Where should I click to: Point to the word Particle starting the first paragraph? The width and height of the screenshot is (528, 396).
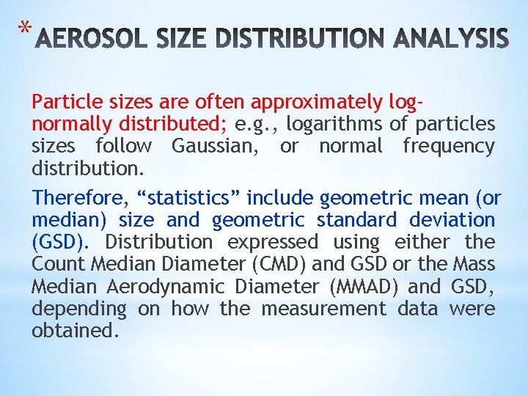pyautogui.click(x=64, y=101)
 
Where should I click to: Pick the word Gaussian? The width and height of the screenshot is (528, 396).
pyautogui.click(x=217, y=146)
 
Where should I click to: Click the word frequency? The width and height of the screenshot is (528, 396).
pyautogui.click(x=449, y=146)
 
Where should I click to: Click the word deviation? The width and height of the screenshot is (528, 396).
pyautogui.click(x=452, y=219)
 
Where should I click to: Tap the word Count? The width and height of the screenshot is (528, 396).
pyautogui.click(x=59, y=264)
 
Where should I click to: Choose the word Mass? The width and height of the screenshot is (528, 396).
pyautogui.click(x=476, y=264)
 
